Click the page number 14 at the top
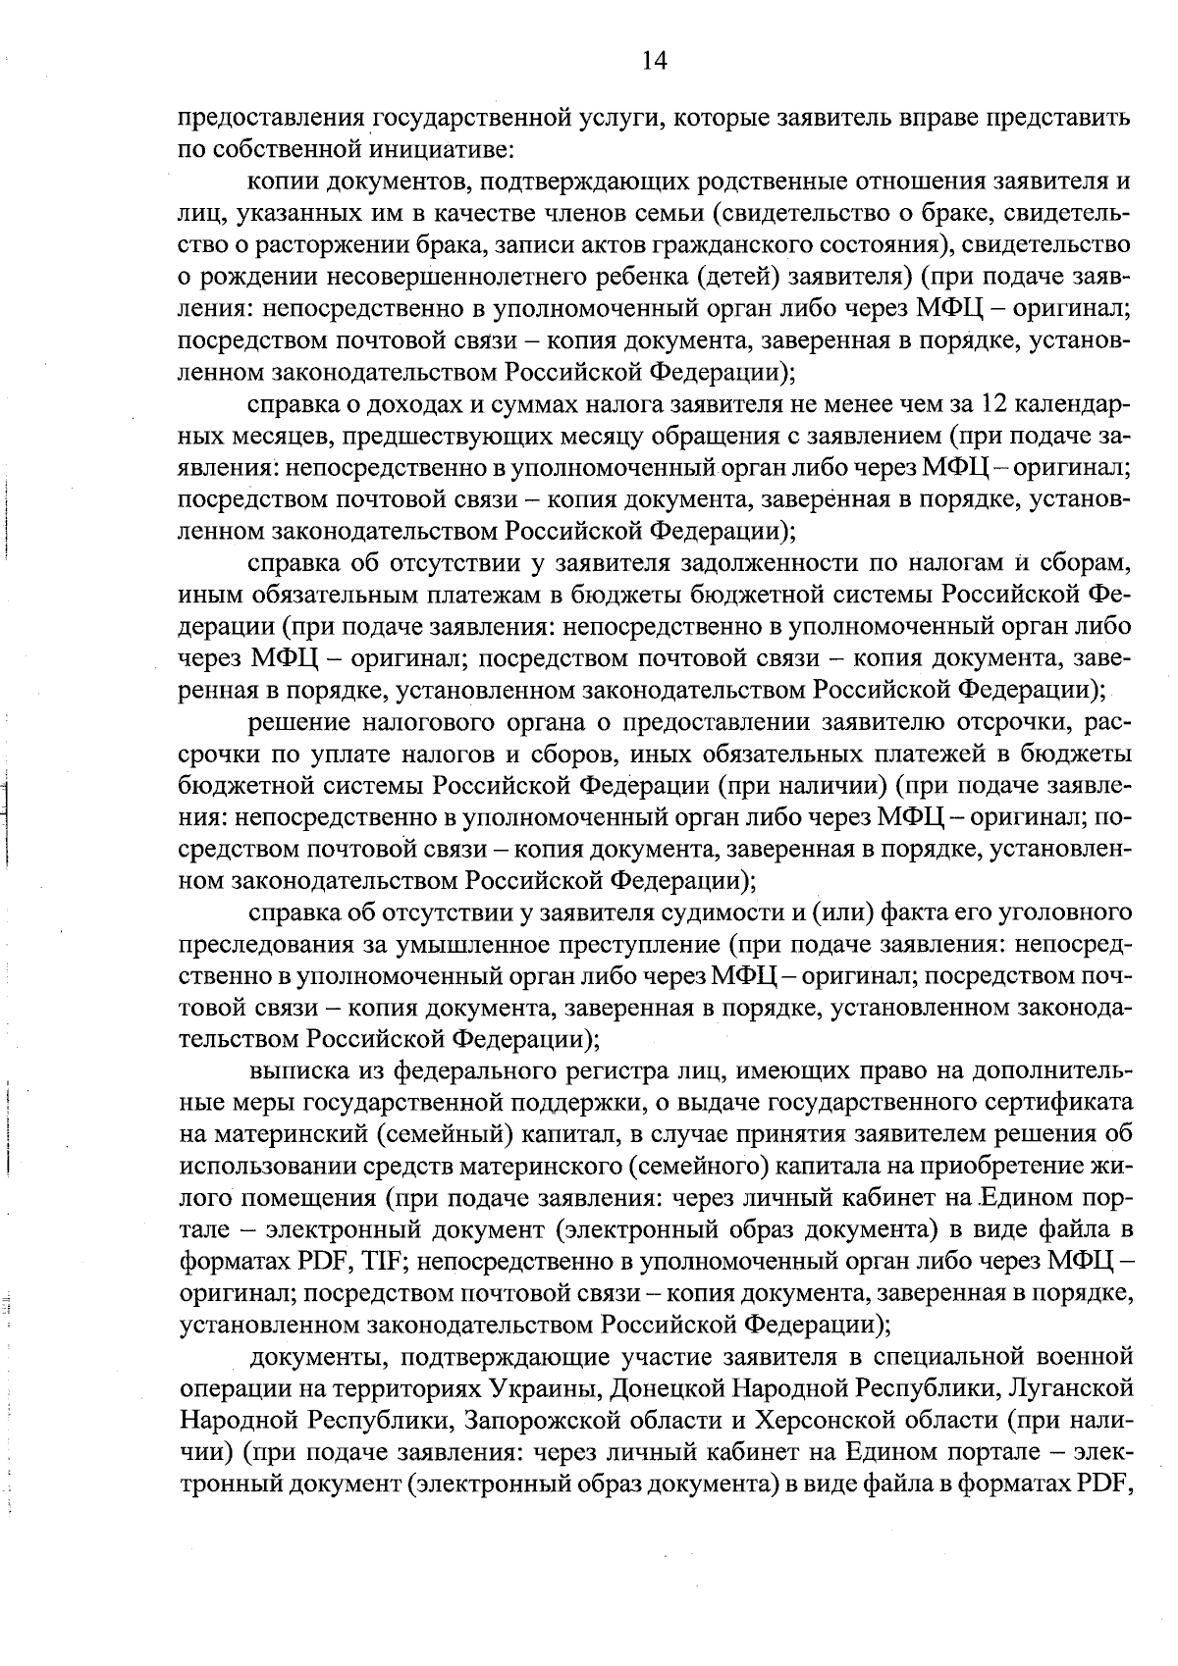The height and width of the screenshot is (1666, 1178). click(x=653, y=62)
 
